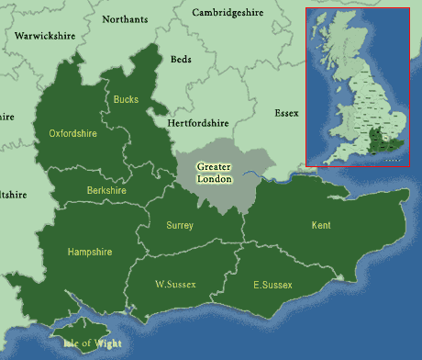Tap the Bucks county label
[x=126, y=98]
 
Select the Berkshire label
[x=106, y=190]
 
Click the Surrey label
[x=180, y=225]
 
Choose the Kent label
[x=321, y=225]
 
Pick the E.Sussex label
[x=272, y=286]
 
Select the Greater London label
[x=216, y=173]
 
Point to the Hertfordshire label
[x=198, y=122]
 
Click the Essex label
[x=286, y=113]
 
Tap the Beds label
[x=182, y=59]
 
